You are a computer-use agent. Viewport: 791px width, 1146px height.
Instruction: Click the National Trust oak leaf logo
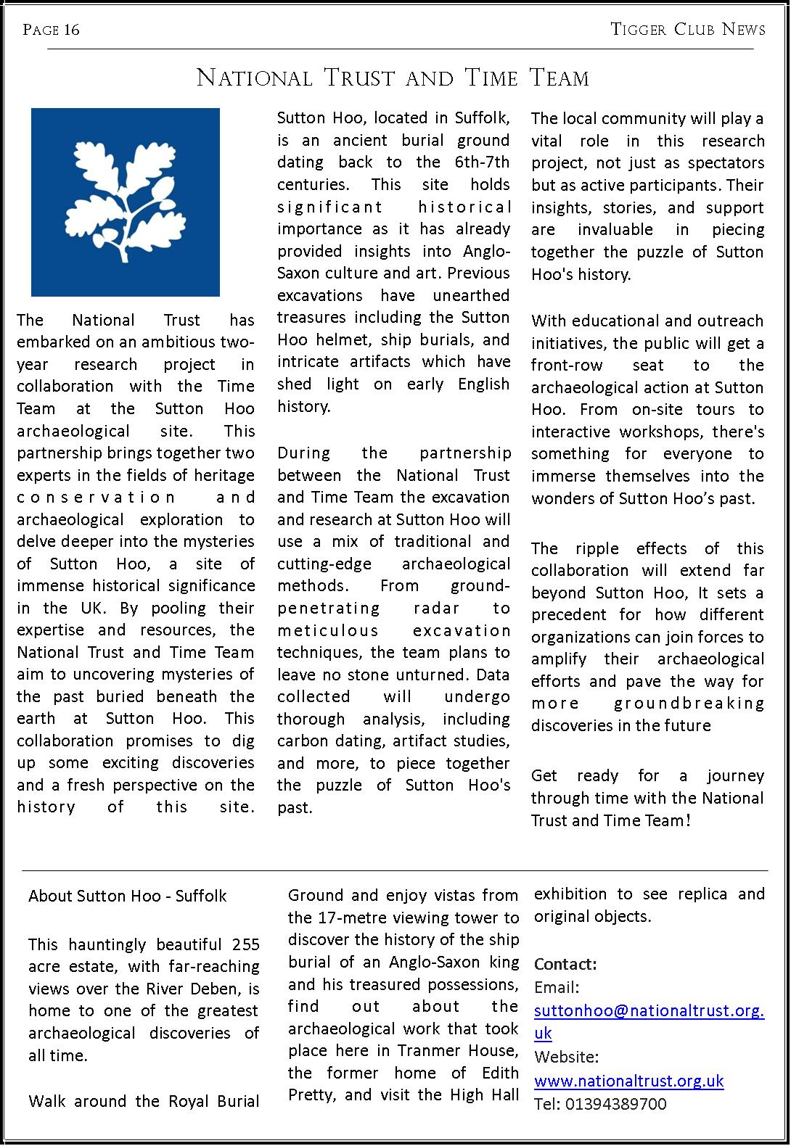(125, 202)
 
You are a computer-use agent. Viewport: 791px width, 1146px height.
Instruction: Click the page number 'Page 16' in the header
(51, 30)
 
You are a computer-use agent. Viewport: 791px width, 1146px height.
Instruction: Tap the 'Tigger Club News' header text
(688, 29)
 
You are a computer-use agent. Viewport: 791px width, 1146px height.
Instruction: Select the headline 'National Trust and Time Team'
(393, 78)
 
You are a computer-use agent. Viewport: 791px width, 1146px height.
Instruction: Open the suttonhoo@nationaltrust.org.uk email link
(649, 1010)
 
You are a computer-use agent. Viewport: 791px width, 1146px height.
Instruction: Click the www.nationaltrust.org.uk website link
(628, 1081)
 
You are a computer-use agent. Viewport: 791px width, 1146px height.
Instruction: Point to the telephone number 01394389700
(615, 1104)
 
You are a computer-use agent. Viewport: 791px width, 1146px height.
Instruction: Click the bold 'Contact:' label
(565, 964)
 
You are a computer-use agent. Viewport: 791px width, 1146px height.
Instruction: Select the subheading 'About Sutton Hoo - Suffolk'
(128, 896)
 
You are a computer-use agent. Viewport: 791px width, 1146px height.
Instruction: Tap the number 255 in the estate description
(246, 944)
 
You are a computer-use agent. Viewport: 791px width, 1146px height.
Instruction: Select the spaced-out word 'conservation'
(96, 498)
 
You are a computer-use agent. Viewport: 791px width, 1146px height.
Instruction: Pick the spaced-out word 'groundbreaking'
(689, 704)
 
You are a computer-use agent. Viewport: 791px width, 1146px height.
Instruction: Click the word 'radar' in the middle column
(435, 608)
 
